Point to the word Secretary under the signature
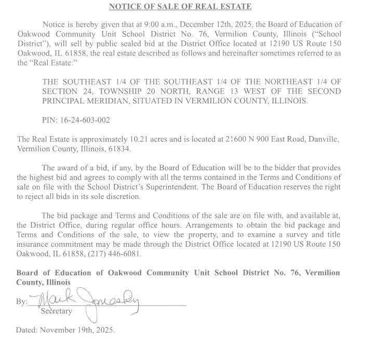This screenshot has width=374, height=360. (57, 311)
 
